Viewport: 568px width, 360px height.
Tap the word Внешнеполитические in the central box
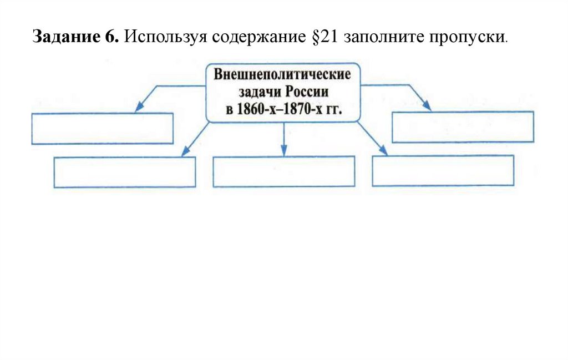tap(282, 74)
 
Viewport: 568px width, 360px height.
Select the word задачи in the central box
tap(257, 92)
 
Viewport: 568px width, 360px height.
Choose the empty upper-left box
tap(103, 129)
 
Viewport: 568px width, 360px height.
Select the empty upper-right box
tap(463, 127)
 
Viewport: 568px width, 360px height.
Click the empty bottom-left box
tap(125, 172)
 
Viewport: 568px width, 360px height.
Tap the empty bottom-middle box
tap(283, 171)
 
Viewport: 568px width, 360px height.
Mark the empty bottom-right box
tap(443, 170)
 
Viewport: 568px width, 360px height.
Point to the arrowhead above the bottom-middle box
tap(283, 151)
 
